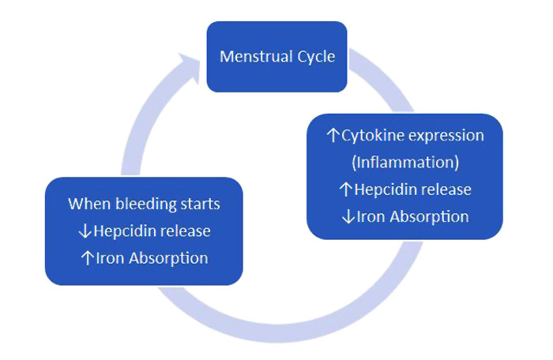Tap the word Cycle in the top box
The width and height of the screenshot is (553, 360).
tap(314, 57)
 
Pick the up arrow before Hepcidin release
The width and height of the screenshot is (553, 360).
tap(344, 189)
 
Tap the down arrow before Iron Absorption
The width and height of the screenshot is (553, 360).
tap(348, 216)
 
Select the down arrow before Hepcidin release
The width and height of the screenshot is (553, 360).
tap(85, 231)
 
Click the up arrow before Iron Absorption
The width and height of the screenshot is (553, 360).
tap(88, 258)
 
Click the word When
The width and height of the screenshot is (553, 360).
tap(88, 204)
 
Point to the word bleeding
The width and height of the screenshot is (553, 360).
tap(141, 204)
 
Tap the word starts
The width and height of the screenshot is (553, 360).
tap(200, 204)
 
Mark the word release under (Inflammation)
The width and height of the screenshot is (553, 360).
tap(446, 189)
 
